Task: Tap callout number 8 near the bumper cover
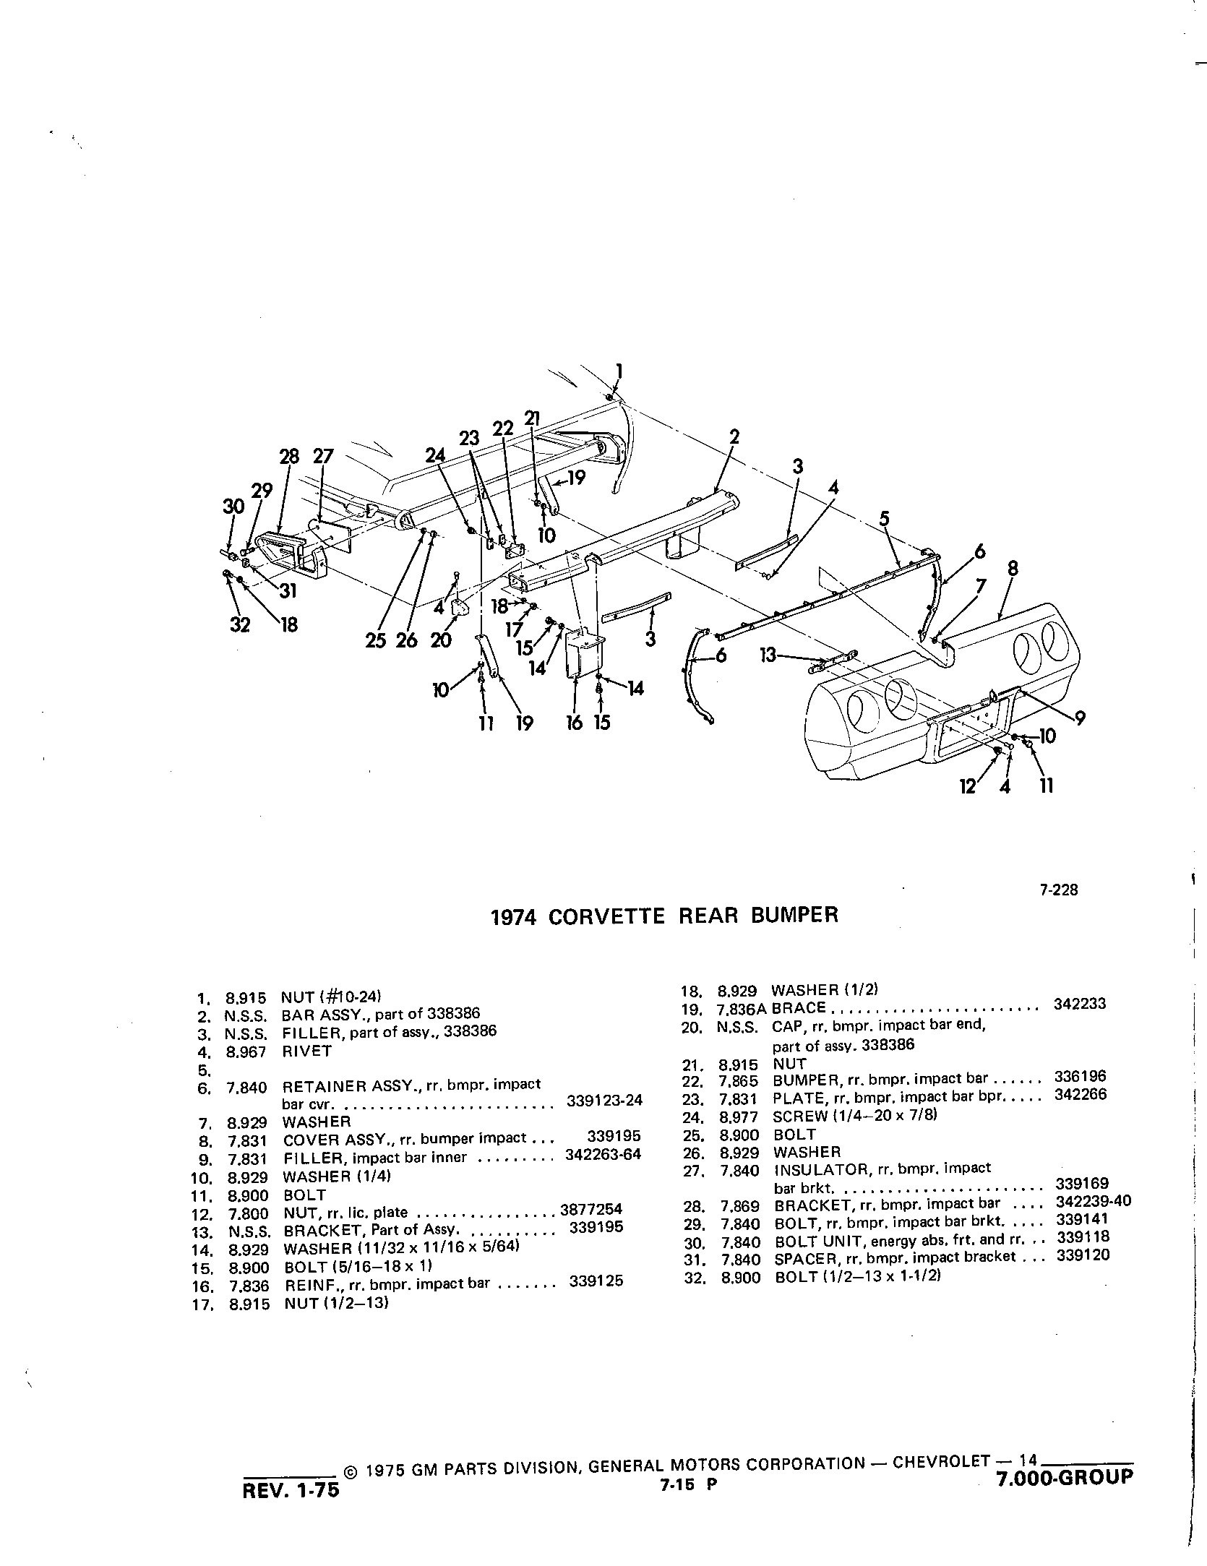(1013, 569)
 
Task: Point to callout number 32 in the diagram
(240, 624)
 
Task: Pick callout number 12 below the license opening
(968, 786)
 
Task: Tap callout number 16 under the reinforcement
(575, 723)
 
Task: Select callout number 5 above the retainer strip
(884, 518)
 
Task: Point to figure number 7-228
(1059, 890)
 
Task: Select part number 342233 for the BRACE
(1080, 1004)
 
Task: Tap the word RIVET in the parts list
(307, 1051)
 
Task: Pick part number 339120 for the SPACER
(1083, 1255)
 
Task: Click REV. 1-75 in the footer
(292, 1491)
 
